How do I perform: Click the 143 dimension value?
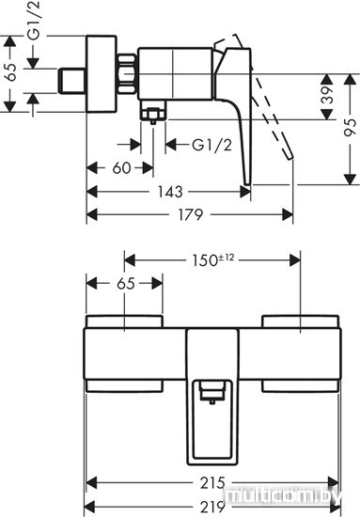coord(170,192)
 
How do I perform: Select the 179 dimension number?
coord(191,215)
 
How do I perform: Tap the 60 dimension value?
coord(121,168)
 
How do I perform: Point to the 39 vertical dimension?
coord(327,95)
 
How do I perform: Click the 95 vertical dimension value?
coord(350,128)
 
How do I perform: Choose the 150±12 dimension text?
coord(213,259)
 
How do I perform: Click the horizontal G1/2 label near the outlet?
coord(212,145)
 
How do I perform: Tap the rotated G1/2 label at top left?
coord(33,21)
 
